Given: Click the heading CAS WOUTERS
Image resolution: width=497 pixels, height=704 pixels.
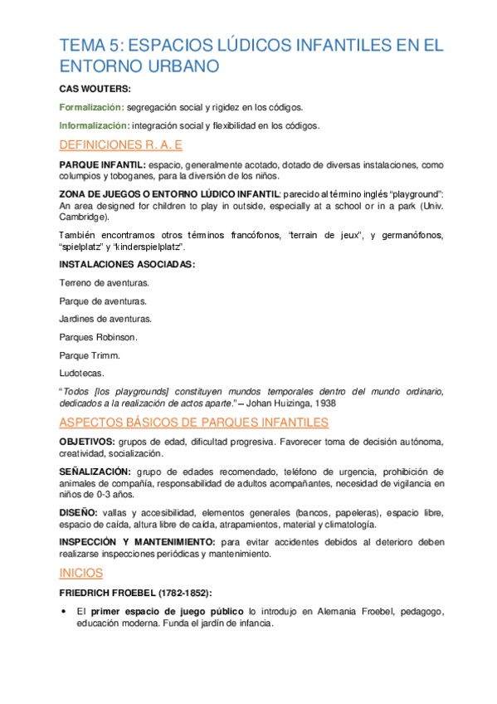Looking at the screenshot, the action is point(95,88).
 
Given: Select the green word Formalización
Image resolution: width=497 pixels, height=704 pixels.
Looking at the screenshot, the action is point(92,107).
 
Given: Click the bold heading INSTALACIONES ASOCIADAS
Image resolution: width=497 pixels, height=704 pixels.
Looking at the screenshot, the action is point(127,265).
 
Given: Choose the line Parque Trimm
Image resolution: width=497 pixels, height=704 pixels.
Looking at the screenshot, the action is point(90,355).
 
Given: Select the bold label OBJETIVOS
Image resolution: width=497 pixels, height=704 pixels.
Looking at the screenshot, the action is point(88,441).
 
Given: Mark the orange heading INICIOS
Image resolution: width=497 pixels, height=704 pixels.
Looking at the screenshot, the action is point(81,573).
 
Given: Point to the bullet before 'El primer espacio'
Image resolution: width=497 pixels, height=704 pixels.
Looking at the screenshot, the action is point(65,612).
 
